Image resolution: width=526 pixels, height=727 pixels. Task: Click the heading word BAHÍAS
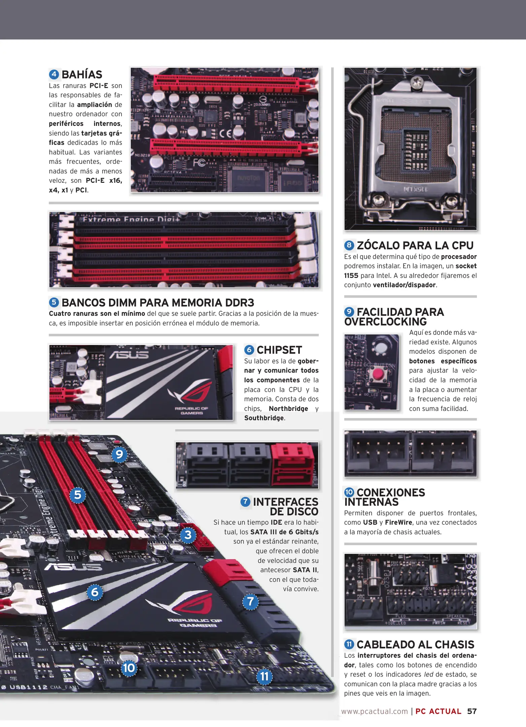coord(82,74)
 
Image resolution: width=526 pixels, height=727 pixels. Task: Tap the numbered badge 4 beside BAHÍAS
coord(54,74)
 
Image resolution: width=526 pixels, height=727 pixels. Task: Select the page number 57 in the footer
coord(472,711)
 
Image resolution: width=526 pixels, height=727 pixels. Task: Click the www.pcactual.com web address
coord(375,712)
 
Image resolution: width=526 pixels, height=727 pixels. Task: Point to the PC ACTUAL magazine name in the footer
coord(438,711)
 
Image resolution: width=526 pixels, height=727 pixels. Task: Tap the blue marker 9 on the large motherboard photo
coord(119,454)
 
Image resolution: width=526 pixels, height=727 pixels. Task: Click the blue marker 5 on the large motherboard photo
coord(78,495)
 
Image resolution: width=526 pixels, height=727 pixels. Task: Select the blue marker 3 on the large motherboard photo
coord(188,535)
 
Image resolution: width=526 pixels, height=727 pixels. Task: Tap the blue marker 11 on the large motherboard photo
coord(265,676)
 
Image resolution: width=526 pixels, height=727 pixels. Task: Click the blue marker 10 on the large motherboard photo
coord(129,668)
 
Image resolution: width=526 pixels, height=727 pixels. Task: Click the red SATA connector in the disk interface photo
coord(293,465)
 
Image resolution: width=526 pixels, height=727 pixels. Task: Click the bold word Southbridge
coord(264,418)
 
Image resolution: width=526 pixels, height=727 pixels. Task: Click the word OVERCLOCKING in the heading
coord(385,322)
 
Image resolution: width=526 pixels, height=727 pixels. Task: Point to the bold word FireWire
coord(398,522)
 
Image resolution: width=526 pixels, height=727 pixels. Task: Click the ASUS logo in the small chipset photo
coord(129,354)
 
